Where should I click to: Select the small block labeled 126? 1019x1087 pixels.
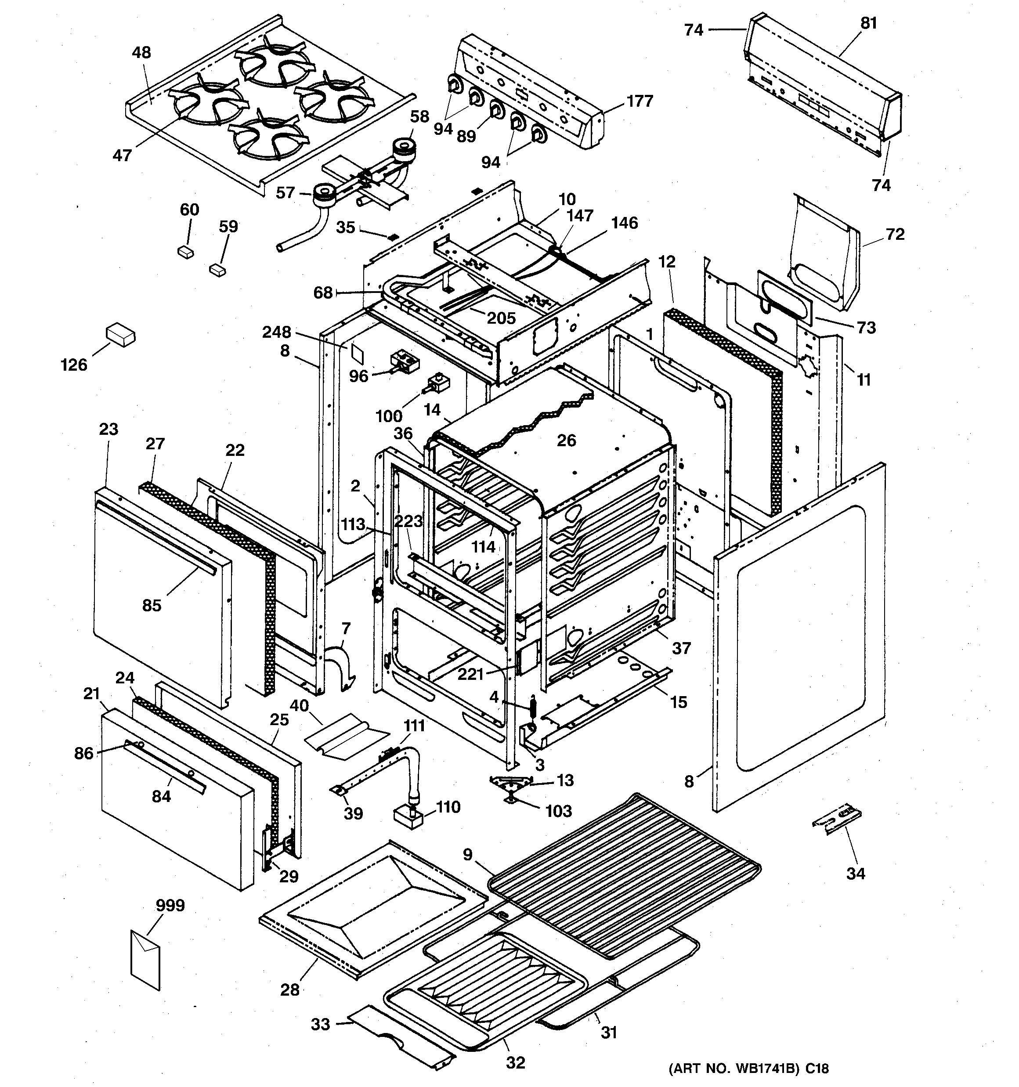click(120, 335)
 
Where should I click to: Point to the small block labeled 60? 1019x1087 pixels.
click(186, 252)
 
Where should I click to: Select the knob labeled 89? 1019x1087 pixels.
click(496, 110)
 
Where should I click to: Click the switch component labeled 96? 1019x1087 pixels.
click(404, 361)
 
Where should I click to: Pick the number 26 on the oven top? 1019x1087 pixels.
click(567, 440)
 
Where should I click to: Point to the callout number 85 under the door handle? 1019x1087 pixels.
click(152, 605)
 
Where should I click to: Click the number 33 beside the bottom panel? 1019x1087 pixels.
click(321, 1024)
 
